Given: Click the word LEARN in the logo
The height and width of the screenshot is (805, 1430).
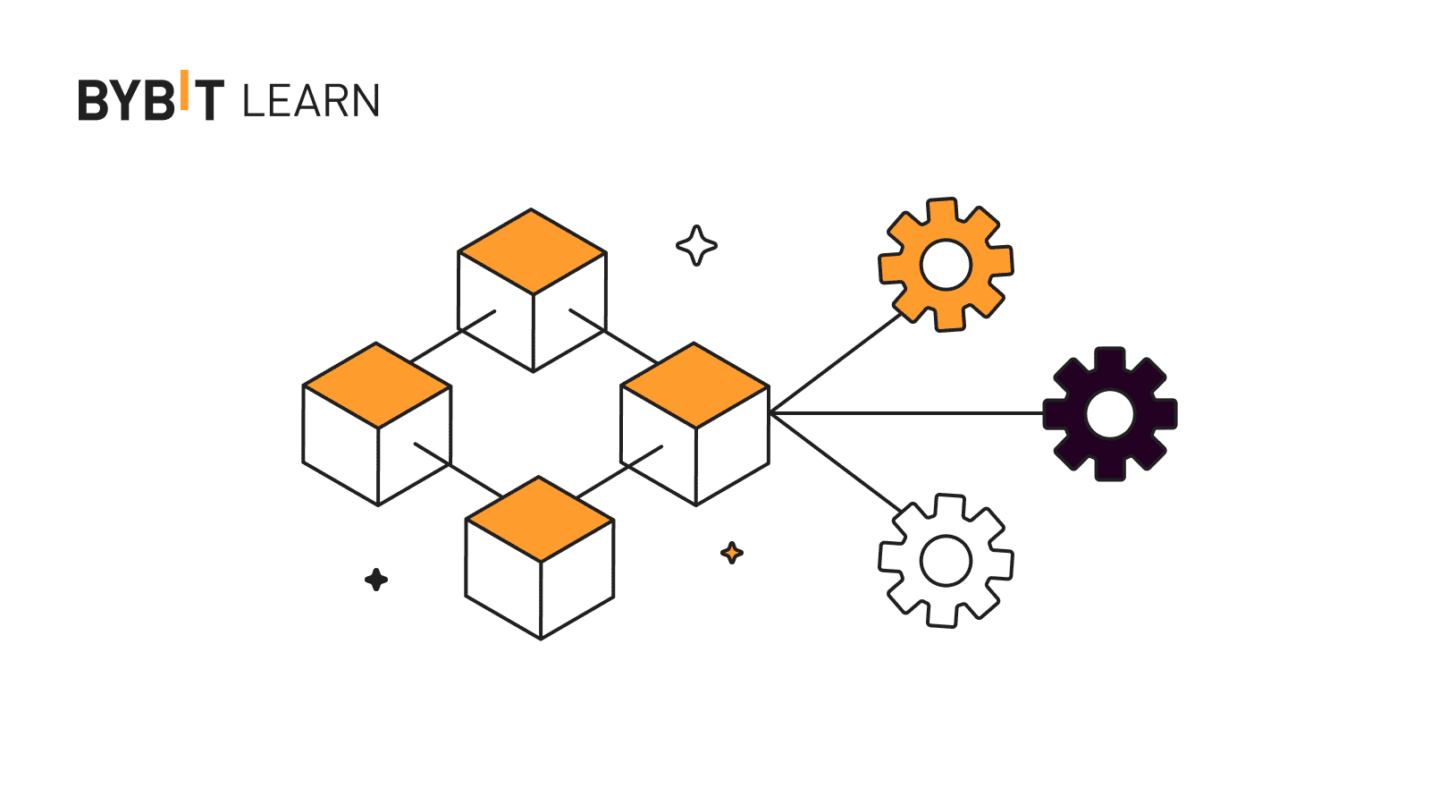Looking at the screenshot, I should tap(311, 101).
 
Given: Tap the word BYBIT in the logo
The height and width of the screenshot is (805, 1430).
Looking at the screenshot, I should tap(150, 98).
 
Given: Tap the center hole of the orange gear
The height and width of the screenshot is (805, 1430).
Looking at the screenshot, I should tap(946, 265).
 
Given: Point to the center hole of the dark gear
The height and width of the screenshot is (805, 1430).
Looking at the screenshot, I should tap(1110, 414).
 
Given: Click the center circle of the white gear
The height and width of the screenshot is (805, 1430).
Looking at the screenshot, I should tap(946, 561).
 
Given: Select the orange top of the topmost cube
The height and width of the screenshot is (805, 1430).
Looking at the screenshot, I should tap(532, 251).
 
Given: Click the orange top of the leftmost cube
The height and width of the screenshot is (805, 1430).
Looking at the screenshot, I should tap(377, 386).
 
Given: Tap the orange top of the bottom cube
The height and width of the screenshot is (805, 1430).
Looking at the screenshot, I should tap(540, 519).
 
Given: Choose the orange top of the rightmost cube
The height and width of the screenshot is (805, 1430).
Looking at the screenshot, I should tap(694, 386).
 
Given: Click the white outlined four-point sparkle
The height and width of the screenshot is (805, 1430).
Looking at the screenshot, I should tap(696, 245).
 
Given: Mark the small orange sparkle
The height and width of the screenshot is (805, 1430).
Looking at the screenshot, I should tap(732, 553).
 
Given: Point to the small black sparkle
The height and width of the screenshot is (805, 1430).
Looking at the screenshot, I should tap(376, 580).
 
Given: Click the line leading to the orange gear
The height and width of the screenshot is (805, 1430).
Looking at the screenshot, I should tap(836, 363).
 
